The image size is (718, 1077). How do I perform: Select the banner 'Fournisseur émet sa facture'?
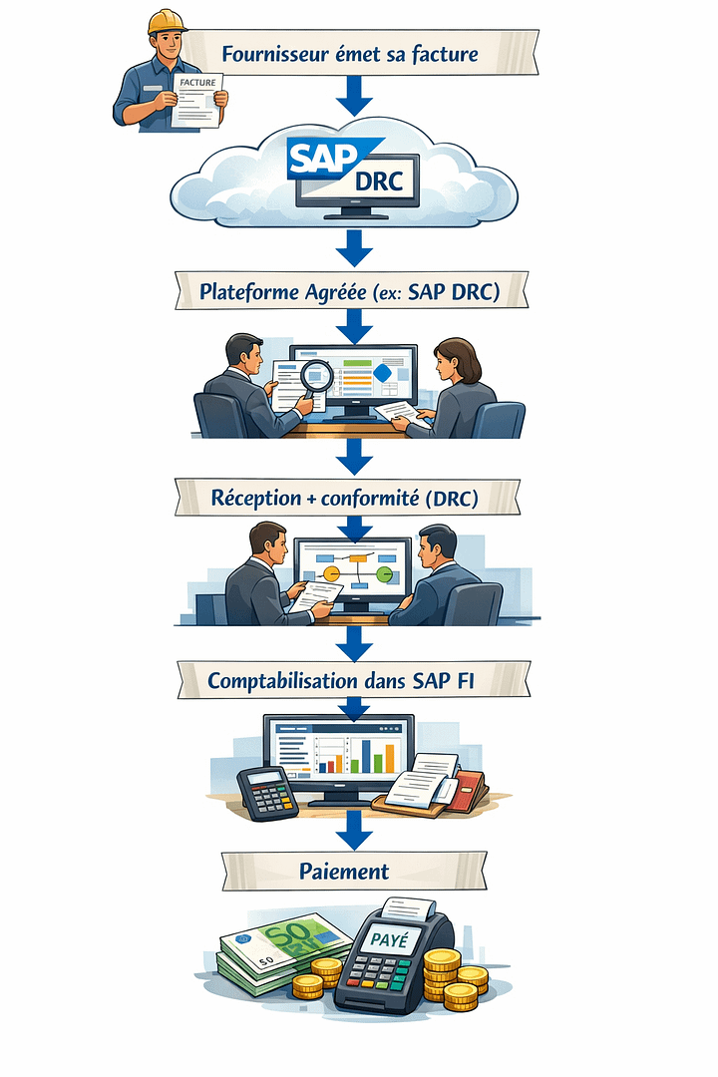pos(349,53)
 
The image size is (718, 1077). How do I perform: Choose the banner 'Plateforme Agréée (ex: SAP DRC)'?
pos(349,293)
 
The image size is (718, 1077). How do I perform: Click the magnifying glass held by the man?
pos(317,376)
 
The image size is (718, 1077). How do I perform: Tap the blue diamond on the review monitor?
pos(382,373)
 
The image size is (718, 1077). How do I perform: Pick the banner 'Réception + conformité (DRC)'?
pos(349,498)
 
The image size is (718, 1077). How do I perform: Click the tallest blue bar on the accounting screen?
pos(366,756)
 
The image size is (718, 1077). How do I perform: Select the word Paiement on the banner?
pos(344,871)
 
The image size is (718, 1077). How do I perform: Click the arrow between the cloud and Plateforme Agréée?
pos(354,243)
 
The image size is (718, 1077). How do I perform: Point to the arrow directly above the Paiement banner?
pos(354,827)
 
